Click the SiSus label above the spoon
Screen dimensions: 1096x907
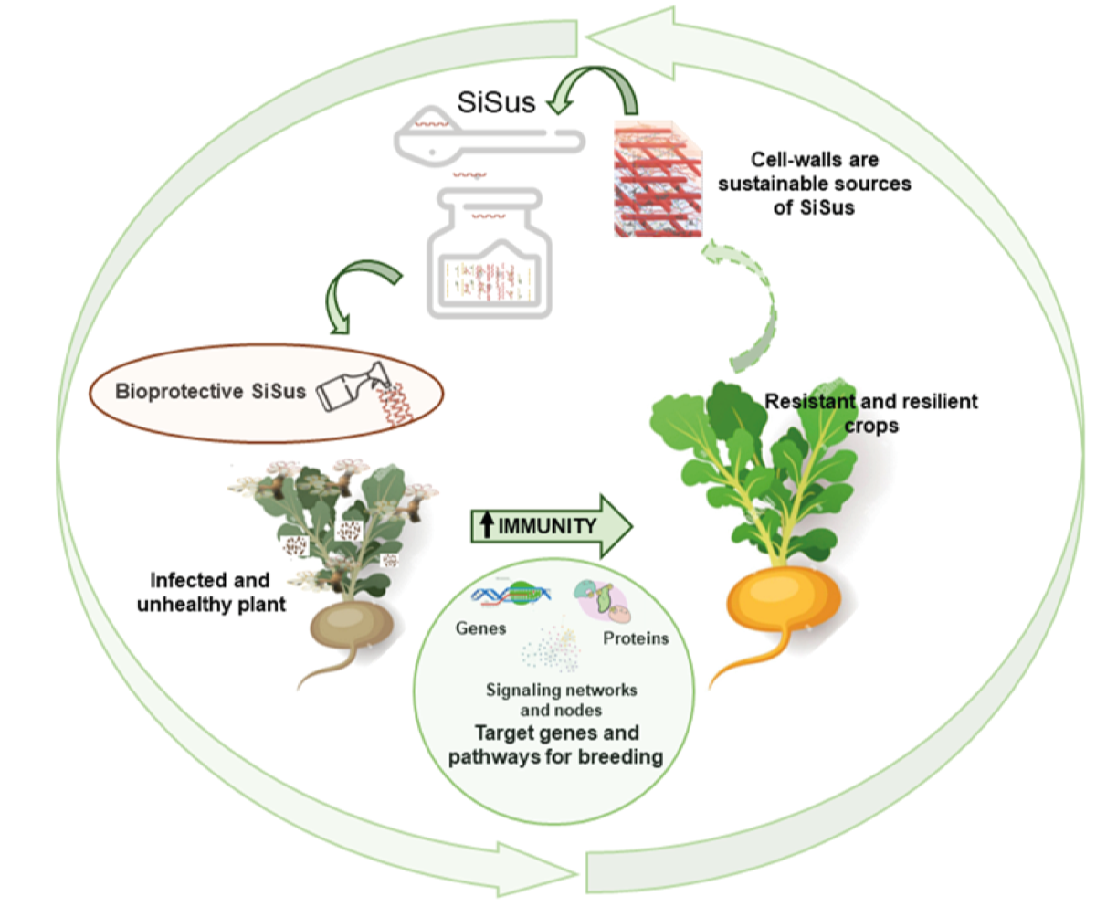click(496, 101)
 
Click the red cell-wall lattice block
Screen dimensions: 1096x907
click(659, 178)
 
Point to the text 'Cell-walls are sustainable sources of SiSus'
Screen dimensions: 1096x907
click(814, 184)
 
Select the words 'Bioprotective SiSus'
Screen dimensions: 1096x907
click(210, 392)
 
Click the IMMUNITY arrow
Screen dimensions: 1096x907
click(551, 526)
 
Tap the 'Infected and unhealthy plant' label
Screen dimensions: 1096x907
click(211, 593)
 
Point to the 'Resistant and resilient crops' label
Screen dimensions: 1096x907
click(871, 414)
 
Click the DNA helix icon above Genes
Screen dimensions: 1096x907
click(511, 595)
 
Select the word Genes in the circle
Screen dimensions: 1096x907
click(480, 628)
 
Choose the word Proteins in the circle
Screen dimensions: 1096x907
click(636, 638)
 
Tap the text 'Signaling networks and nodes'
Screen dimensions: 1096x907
click(561, 700)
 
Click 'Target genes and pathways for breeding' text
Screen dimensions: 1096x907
click(556, 744)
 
